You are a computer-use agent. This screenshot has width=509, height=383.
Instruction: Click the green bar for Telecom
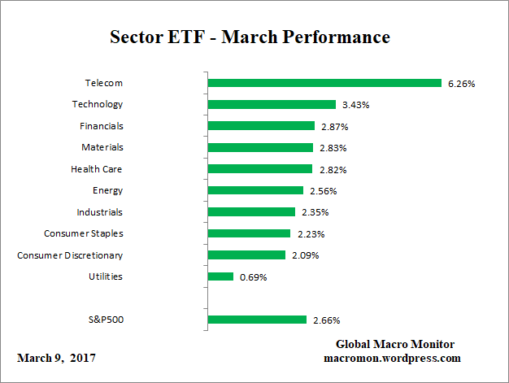click(324, 83)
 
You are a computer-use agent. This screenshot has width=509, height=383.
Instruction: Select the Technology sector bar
click(272, 104)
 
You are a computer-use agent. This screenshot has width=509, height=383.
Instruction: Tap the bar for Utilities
click(220, 276)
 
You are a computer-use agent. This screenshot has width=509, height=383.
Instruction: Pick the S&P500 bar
click(257, 320)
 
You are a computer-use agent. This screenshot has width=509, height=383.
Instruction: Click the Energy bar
click(256, 190)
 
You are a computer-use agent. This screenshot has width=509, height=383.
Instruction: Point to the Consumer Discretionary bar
click(246, 255)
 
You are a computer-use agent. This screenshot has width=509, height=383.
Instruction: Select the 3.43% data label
click(355, 105)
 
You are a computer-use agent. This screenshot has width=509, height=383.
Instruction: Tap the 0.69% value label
click(253, 277)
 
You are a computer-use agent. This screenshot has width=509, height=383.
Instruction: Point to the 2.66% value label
click(326, 320)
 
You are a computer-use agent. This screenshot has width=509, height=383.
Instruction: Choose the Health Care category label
click(97, 169)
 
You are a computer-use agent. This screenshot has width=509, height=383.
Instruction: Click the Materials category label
click(102, 147)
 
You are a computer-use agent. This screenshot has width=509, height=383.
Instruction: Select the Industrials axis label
click(99, 212)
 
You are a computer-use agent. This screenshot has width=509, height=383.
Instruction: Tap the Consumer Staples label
click(83, 233)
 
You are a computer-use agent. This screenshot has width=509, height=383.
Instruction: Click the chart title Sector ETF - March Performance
click(250, 37)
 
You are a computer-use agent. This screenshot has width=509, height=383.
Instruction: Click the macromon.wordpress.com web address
click(393, 358)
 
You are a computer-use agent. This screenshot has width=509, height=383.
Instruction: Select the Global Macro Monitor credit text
click(394, 344)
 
